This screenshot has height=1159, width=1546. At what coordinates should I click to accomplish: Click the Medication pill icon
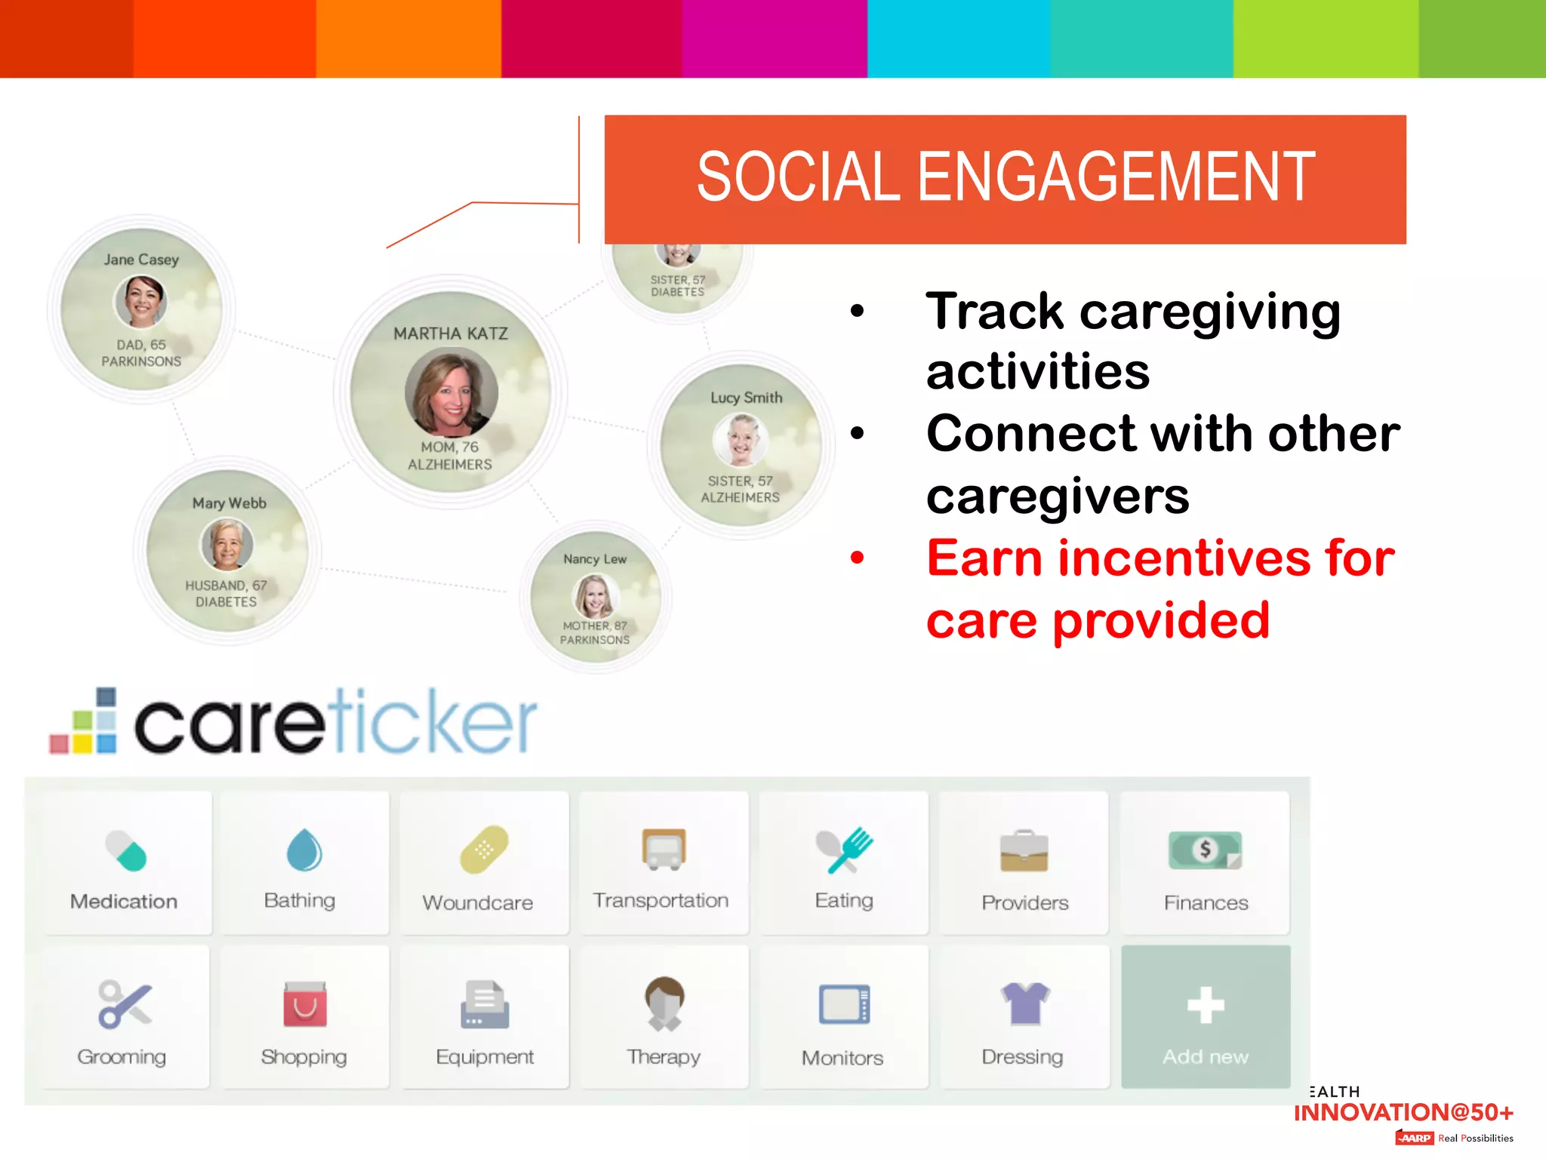tap(125, 850)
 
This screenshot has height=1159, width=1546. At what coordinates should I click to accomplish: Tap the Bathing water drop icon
tap(304, 850)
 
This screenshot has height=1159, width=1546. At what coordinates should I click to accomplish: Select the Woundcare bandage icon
tap(484, 850)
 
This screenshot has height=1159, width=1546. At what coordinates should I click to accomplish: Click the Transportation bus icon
tap(664, 850)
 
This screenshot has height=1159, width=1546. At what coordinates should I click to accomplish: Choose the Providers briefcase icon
tap(1024, 851)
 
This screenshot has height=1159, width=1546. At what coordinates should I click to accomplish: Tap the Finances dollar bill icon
tap(1205, 850)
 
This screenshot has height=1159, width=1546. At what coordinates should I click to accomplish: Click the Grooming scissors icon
tap(125, 1004)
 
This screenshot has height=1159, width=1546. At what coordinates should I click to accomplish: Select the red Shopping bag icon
tap(305, 1004)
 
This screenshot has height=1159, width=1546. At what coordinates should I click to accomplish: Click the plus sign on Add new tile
tap(1206, 1005)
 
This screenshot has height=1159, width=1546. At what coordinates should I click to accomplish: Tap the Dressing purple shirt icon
tap(1024, 1004)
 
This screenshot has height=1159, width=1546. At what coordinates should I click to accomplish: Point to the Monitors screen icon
tap(844, 1004)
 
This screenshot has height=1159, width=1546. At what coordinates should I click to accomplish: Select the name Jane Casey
tap(141, 260)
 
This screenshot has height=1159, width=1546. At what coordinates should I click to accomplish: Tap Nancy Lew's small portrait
tap(595, 596)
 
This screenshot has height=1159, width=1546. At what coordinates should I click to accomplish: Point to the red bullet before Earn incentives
tap(857, 558)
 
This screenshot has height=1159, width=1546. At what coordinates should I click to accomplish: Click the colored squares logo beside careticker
tap(84, 722)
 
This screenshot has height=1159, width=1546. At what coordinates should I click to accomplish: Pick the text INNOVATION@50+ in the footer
tap(1403, 1112)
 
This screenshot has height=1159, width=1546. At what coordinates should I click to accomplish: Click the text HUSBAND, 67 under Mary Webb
tap(226, 586)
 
